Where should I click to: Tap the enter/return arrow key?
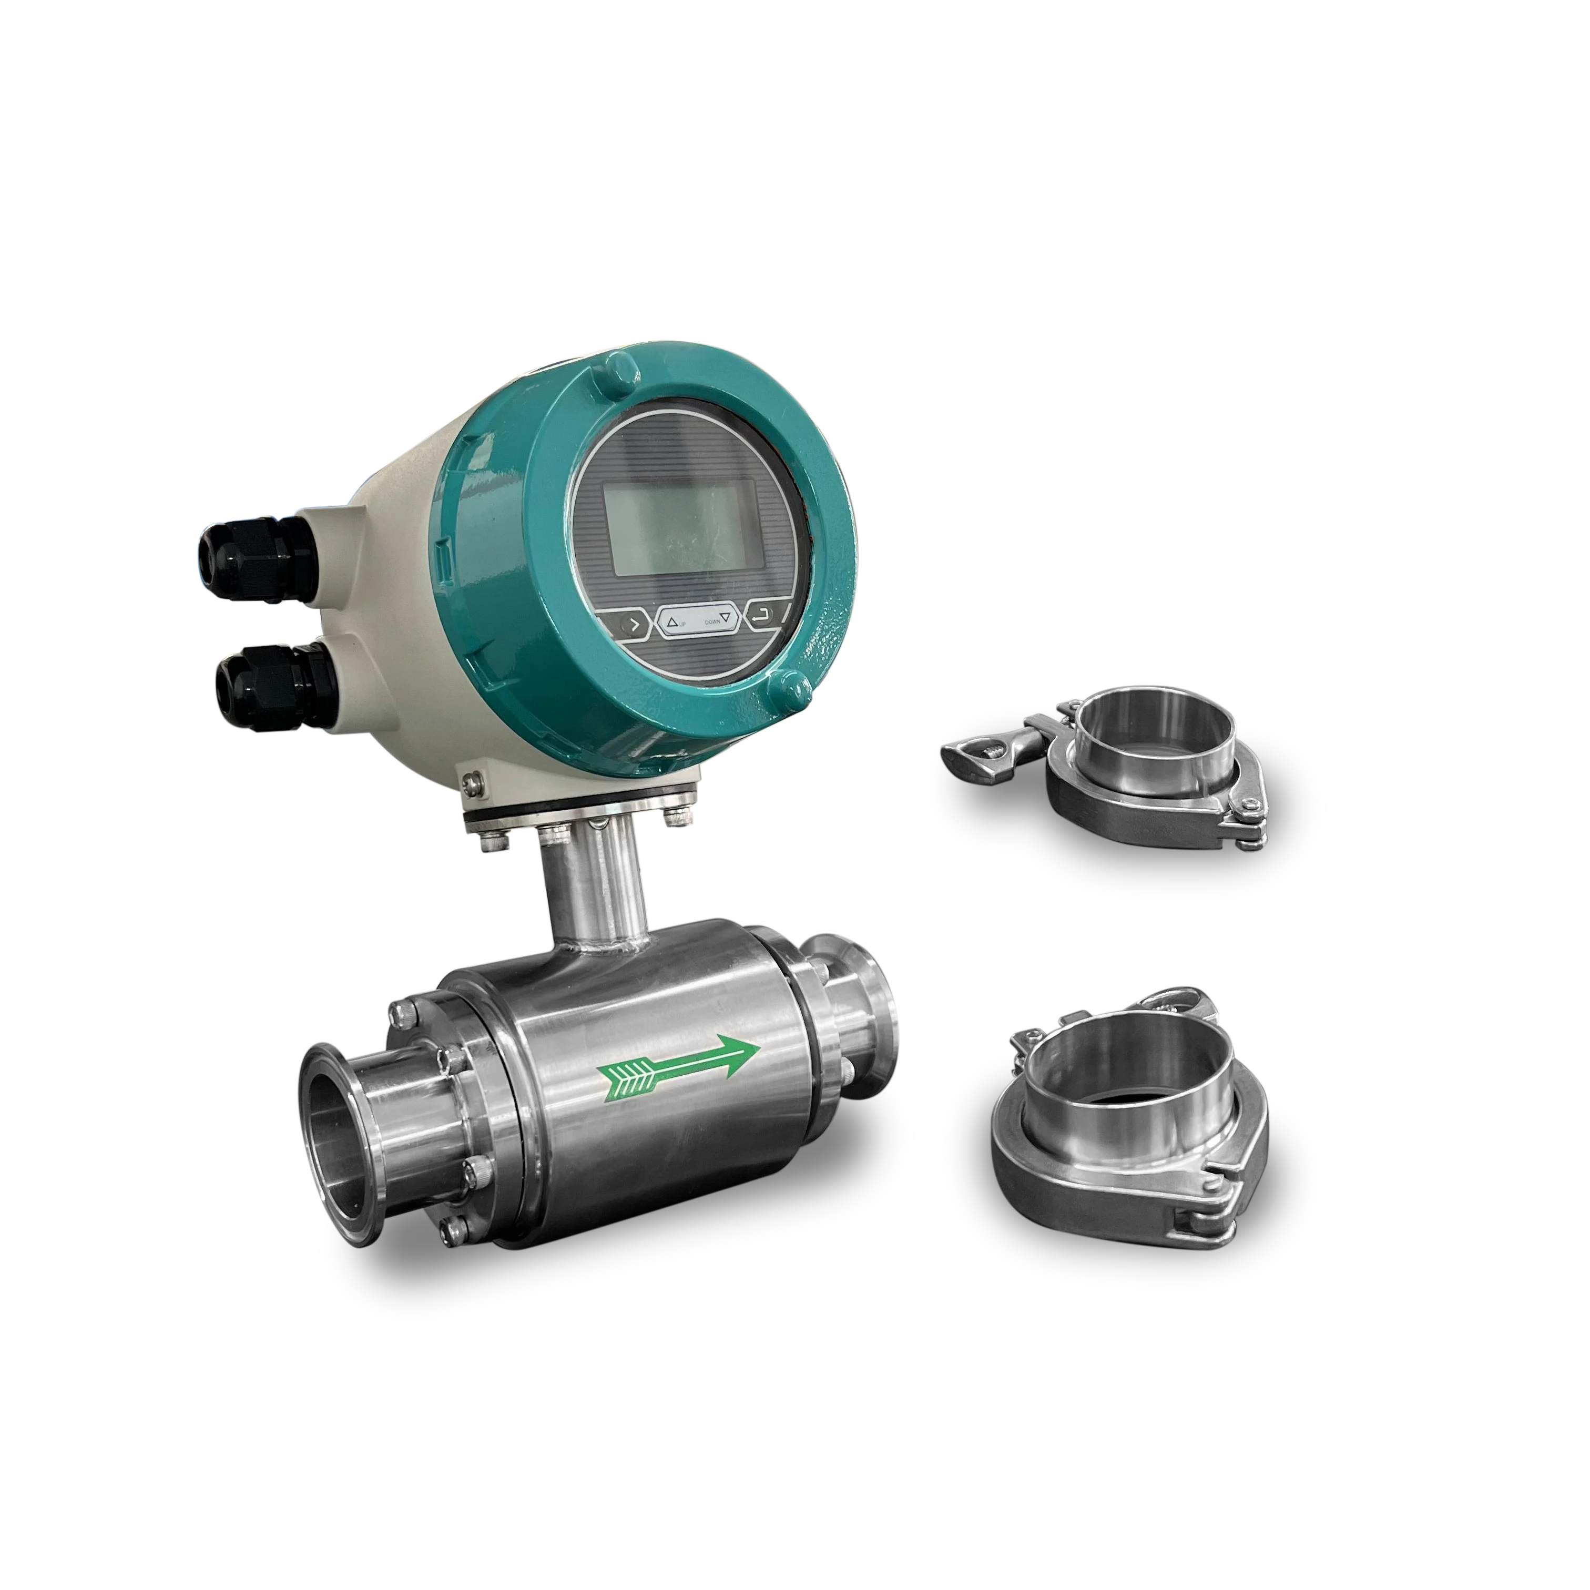pyautogui.click(x=765, y=614)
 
